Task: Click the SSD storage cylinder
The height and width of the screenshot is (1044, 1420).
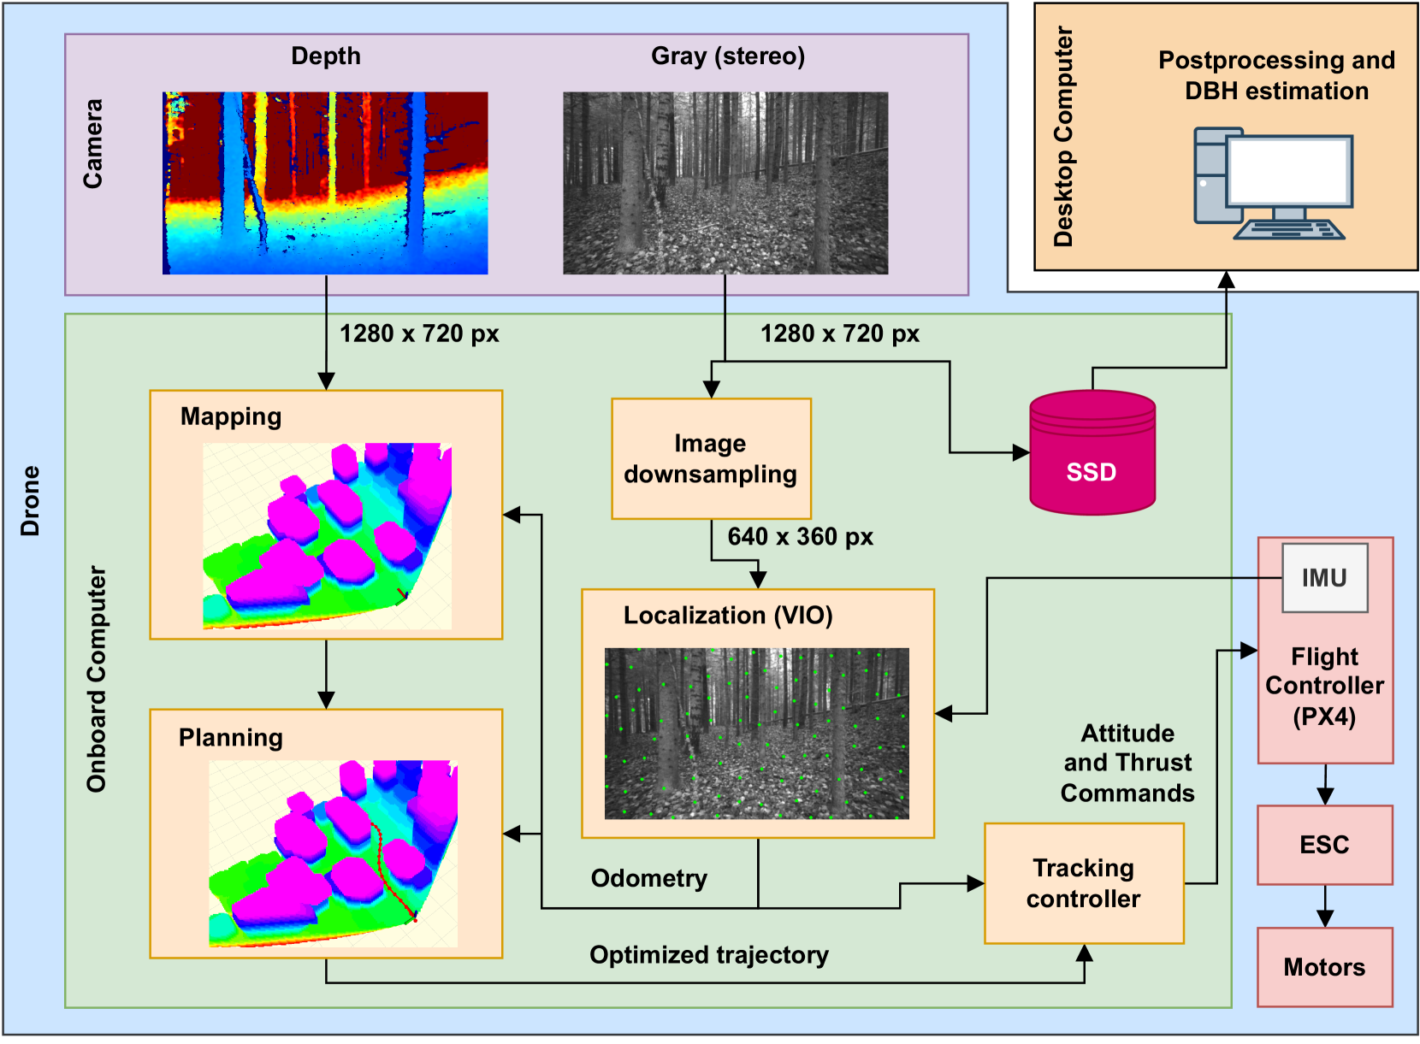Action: (x=1092, y=453)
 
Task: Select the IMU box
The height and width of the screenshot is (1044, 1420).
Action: (x=1324, y=578)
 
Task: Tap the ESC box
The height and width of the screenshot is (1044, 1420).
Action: (x=1324, y=845)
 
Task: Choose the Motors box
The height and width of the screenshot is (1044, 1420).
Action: (x=1324, y=967)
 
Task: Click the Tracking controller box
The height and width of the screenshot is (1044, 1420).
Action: (x=1084, y=883)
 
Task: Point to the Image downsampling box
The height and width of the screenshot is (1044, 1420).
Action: (x=711, y=459)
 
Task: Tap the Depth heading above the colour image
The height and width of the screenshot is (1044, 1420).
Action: (x=326, y=56)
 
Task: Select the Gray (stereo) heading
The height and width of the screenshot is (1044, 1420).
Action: (x=728, y=56)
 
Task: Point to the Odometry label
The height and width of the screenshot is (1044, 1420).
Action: (x=649, y=878)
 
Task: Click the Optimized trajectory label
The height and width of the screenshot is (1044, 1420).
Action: (x=709, y=955)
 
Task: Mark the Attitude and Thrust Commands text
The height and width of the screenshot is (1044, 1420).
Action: (x=1127, y=763)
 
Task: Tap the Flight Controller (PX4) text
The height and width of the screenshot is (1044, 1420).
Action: (x=1324, y=686)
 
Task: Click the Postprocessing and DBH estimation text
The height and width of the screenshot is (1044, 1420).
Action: (x=1276, y=75)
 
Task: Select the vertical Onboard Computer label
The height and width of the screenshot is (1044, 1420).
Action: (x=97, y=679)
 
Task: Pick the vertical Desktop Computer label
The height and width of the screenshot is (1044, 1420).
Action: (x=1063, y=137)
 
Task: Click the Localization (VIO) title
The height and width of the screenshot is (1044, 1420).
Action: (x=728, y=616)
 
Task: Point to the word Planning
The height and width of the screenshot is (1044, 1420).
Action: (x=231, y=738)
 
